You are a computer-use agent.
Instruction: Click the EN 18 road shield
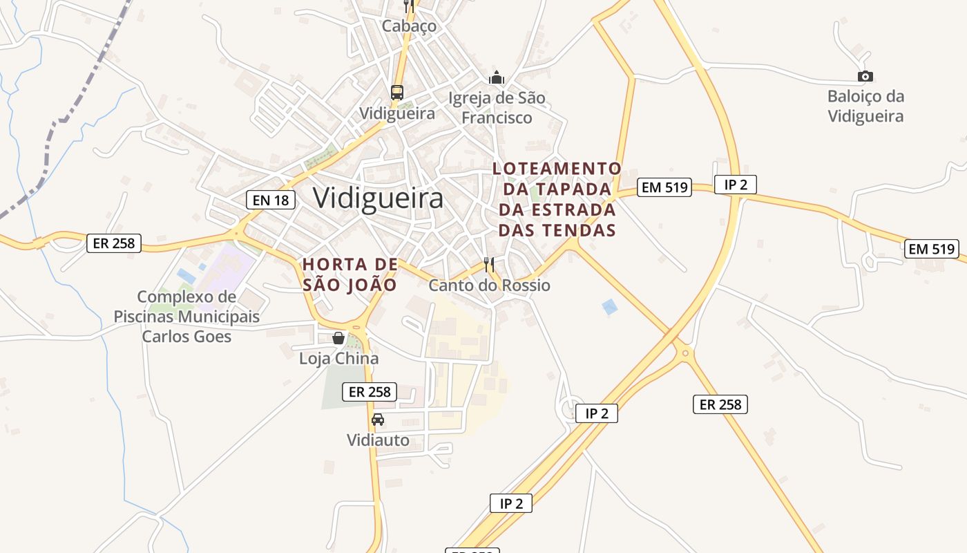[271, 200]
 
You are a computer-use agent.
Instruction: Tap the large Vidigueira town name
[378, 198]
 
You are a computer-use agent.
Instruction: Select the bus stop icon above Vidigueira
[396, 92]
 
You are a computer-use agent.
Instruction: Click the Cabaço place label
[410, 26]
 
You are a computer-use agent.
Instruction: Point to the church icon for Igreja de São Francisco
[496, 77]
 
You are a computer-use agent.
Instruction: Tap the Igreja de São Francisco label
[497, 108]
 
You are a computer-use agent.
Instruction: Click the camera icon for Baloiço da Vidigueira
[865, 76]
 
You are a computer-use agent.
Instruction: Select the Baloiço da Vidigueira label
[865, 106]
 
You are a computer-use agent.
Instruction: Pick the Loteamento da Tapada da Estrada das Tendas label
[557, 199]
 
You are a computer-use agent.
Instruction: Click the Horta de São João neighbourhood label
[351, 274]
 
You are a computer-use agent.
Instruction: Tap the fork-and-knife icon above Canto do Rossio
[489, 264]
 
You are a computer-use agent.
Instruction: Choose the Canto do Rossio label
[490, 285]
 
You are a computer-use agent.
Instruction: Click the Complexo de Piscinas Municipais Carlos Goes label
[186, 317]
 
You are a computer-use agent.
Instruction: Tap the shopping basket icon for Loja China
[338, 338]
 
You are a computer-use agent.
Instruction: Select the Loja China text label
[338, 359]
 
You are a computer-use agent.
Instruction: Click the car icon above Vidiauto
[378, 419]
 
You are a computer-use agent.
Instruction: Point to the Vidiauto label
[378, 440]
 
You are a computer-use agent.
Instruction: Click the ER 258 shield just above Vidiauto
[370, 392]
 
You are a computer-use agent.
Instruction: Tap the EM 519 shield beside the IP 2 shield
[664, 187]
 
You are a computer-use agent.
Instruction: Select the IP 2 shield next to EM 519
[736, 185]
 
